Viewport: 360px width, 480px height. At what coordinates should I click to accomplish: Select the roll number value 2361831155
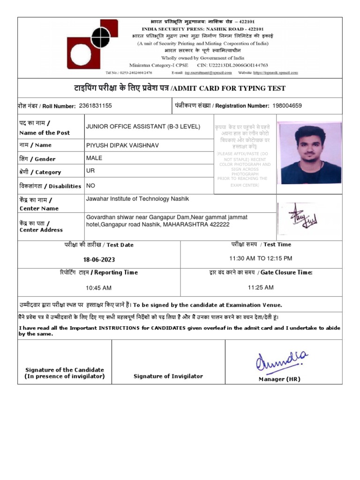click(x=96, y=106)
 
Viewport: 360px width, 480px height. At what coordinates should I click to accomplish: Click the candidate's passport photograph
click(x=309, y=153)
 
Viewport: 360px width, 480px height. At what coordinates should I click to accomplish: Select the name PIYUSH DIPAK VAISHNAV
click(x=122, y=146)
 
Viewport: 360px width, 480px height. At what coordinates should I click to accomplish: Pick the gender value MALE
click(x=94, y=158)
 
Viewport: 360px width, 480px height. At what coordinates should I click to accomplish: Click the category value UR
click(x=90, y=171)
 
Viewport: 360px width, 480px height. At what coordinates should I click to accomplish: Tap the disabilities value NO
click(x=90, y=186)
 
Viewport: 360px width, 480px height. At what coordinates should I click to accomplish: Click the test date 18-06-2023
click(x=99, y=260)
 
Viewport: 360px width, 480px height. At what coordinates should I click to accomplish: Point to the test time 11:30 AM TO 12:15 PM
click(x=261, y=258)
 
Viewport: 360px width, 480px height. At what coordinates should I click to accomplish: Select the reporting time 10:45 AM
click(x=98, y=288)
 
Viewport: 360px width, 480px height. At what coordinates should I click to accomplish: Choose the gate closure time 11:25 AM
click(x=261, y=287)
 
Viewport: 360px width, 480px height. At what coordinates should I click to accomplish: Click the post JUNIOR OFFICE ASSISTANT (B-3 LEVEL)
click(x=143, y=127)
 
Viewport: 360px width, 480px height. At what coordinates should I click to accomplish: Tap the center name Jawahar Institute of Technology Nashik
click(x=137, y=199)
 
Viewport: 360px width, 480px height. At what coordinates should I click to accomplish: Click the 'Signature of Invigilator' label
click(x=168, y=376)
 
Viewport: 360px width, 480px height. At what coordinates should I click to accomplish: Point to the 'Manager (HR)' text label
click(x=279, y=379)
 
